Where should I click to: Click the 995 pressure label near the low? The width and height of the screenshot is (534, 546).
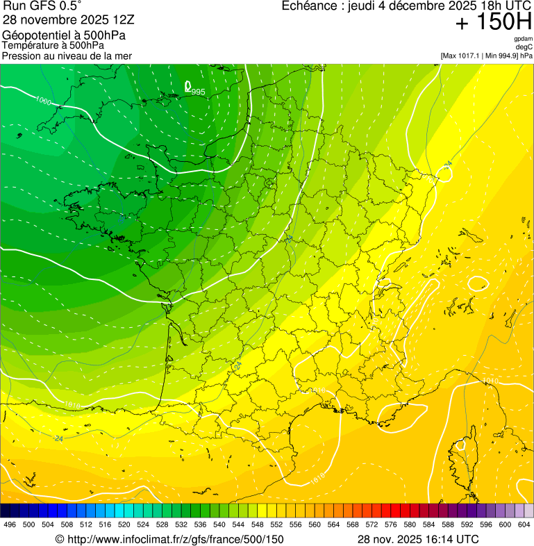point(199,92)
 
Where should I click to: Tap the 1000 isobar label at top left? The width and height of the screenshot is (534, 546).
point(43,101)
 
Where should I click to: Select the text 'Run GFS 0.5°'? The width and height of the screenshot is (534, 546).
point(42,7)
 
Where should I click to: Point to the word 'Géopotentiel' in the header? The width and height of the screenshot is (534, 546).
point(34,35)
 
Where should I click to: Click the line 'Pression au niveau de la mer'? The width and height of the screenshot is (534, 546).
point(67,56)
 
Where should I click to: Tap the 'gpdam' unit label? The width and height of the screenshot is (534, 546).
point(523,39)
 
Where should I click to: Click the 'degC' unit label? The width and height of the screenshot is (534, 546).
point(525,47)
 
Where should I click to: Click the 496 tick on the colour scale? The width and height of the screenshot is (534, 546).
point(9,524)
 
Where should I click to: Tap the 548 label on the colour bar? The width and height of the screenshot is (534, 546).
point(256,524)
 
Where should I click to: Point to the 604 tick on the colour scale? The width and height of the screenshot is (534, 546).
point(524,524)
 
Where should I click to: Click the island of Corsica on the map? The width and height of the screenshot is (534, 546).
point(461,462)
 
